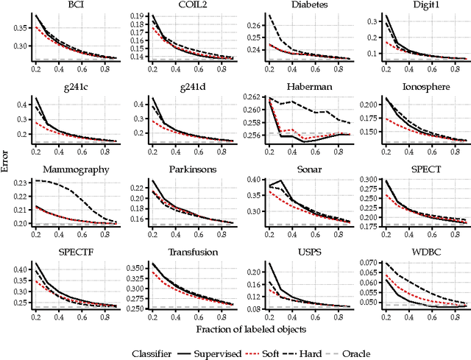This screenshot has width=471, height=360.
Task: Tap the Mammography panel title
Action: pos(71,170)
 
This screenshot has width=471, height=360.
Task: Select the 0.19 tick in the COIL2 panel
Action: pos(135,15)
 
